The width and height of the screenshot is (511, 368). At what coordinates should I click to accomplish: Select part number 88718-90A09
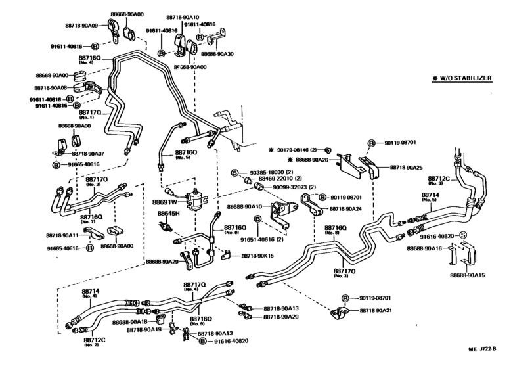click(x=81, y=25)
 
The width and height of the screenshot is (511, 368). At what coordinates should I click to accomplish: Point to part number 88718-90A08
click(x=51, y=87)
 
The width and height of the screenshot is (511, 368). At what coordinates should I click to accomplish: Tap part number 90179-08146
click(x=296, y=150)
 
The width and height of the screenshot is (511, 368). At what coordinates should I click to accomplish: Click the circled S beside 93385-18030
click(x=233, y=172)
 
